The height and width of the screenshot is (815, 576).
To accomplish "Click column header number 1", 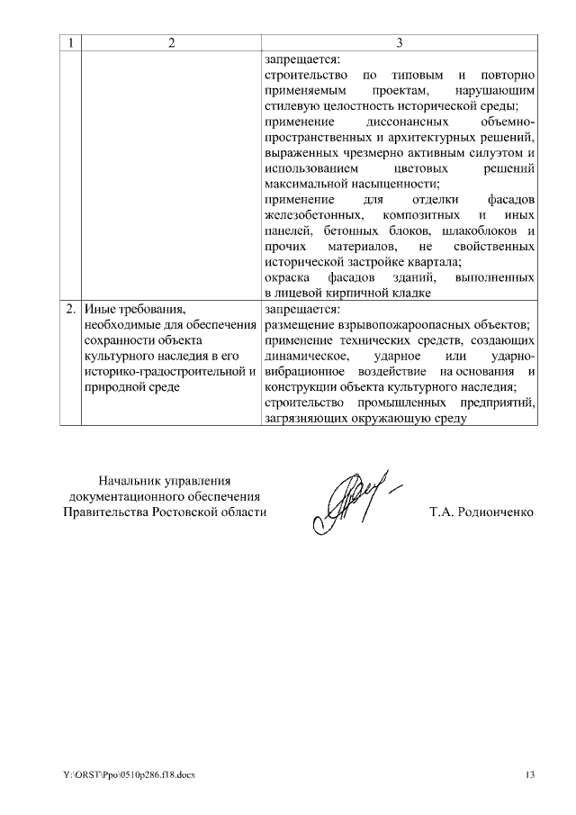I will click(x=71, y=42).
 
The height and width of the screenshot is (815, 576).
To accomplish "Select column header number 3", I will click(x=400, y=42).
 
